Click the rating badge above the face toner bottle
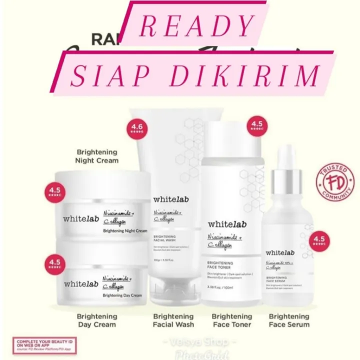(x=257, y=125)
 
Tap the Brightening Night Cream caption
(x=97, y=156)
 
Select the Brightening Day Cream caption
(x=96, y=320)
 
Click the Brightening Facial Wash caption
(x=173, y=320)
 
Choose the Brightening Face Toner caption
(x=231, y=320)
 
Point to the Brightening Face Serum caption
(x=289, y=320)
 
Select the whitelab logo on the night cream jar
(x=80, y=218)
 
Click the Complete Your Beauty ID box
(x=39, y=345)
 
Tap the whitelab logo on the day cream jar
(x=81, y=283)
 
